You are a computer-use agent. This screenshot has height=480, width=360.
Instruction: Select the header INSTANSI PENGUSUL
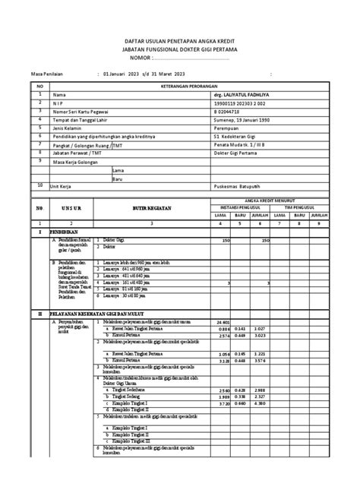click(239, 204)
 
